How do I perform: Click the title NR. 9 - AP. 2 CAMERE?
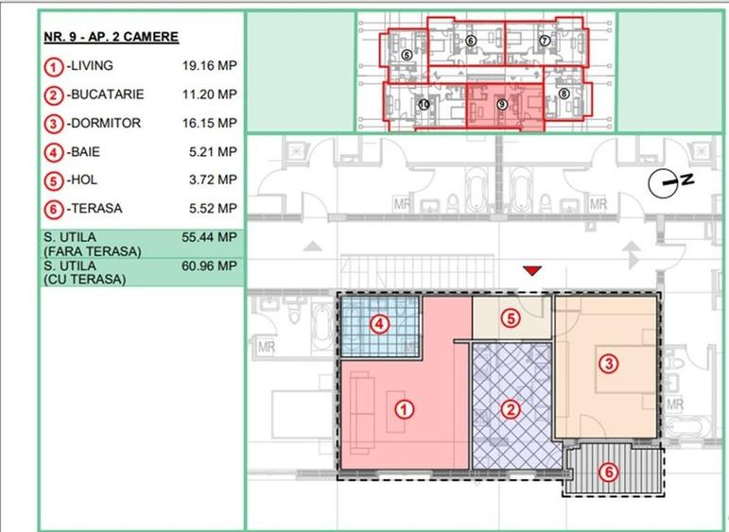coord(111,38)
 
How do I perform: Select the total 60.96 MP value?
coord(209,266)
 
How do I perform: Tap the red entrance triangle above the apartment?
coord(532,272)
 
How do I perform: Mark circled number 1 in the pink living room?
coord(404,409)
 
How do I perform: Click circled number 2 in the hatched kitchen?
coord(511,409)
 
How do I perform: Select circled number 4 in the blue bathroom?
coord(379,325)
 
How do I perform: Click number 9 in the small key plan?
coord(501,102)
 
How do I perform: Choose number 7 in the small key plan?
coord(545,41)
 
